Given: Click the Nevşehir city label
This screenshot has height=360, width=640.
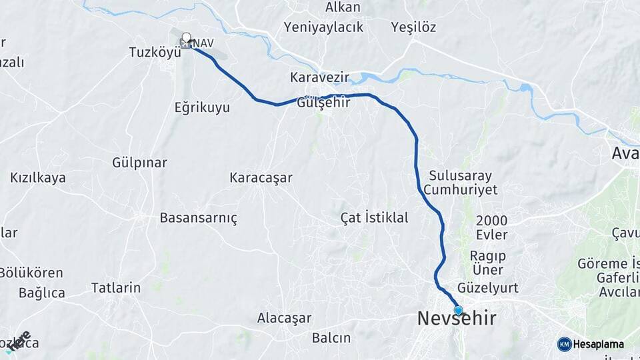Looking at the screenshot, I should (457, 319).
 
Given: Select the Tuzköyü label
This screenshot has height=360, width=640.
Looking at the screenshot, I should (155, 52).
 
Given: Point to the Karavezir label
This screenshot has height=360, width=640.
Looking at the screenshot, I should (320, 78).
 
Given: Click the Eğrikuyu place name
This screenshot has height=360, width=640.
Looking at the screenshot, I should (202, 107).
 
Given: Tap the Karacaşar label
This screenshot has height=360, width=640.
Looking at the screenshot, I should (261, 178).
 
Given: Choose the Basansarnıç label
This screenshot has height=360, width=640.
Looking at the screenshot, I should (199, 218).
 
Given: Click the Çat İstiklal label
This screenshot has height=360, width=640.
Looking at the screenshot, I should (374, 218).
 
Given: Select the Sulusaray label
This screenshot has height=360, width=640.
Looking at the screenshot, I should (461, 176).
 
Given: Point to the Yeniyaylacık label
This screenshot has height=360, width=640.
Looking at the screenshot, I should (323, 27).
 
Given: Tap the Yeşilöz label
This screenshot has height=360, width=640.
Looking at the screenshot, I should (414, 27).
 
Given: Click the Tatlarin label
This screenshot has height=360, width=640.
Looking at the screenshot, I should (116, 288).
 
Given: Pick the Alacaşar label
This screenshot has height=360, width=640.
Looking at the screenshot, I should (285, 318).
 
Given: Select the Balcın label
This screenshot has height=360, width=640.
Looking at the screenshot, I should (331, 338).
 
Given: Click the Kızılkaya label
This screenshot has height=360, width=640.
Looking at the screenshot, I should (38, 178).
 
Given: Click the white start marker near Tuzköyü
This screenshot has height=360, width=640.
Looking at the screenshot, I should (186, 39).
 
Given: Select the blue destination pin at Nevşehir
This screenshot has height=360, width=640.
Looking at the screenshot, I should (459, 309).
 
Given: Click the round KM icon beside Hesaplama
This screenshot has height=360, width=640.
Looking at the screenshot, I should (564, 344).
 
